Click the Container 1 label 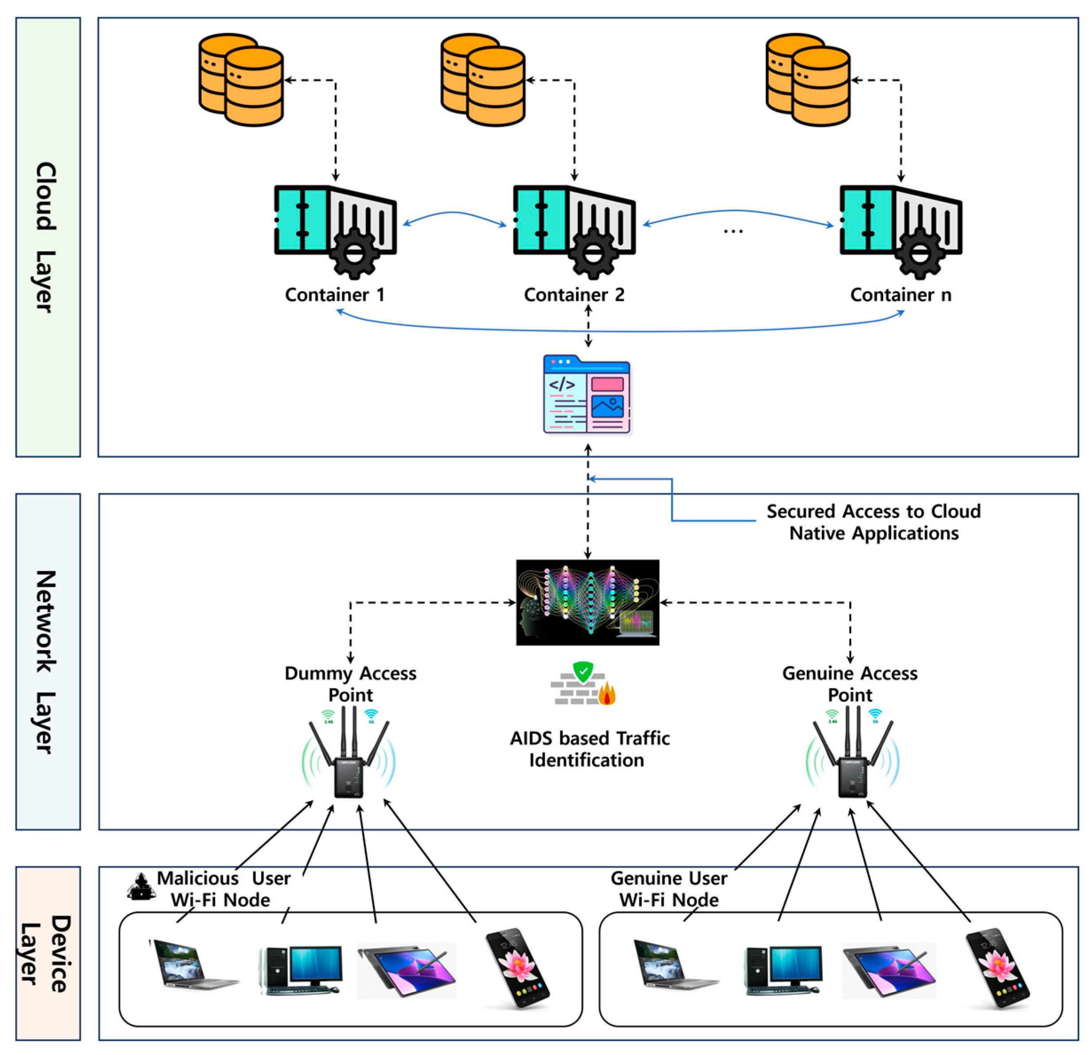[x=335, y=294]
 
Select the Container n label [x=900, y=294]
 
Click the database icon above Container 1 [x=241, y=80]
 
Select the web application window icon [x=587, y=394]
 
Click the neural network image [x=587, y=602]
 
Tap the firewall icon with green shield [x=583, y=683]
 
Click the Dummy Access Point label [x=350, y=683]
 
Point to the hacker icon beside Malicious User [x=141, y=886]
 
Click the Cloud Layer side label [x=47, y=237]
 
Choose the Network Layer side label [x=47, y=661]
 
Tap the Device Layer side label [x=47, y=953]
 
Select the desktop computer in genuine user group [x=783, y=969]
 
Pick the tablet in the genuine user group [x=889, y=970]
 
